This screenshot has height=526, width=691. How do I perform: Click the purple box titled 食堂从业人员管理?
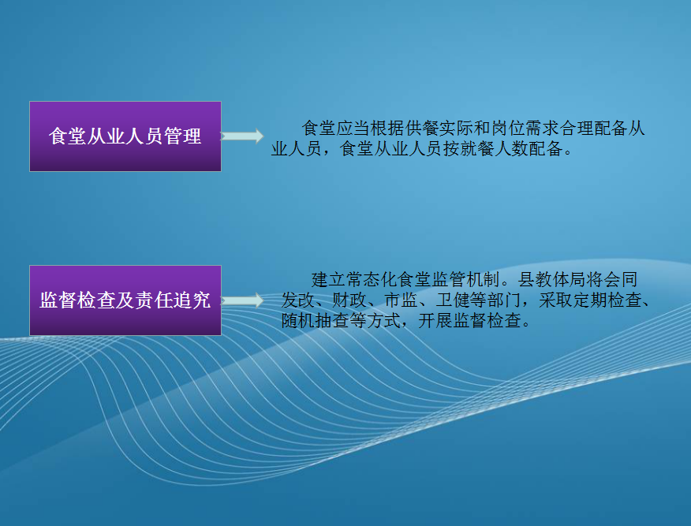125,136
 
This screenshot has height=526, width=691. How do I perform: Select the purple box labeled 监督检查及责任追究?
125,300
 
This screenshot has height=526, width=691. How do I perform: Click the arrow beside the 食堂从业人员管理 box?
242,136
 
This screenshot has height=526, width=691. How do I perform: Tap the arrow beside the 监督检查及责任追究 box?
242,300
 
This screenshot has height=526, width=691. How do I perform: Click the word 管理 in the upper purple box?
182,136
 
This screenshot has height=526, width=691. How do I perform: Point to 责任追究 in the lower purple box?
172,300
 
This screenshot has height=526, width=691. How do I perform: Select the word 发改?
298,300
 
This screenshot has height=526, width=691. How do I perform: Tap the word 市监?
401,300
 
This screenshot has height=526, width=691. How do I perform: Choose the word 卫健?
453,300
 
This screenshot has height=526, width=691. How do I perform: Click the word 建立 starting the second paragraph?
328,280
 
